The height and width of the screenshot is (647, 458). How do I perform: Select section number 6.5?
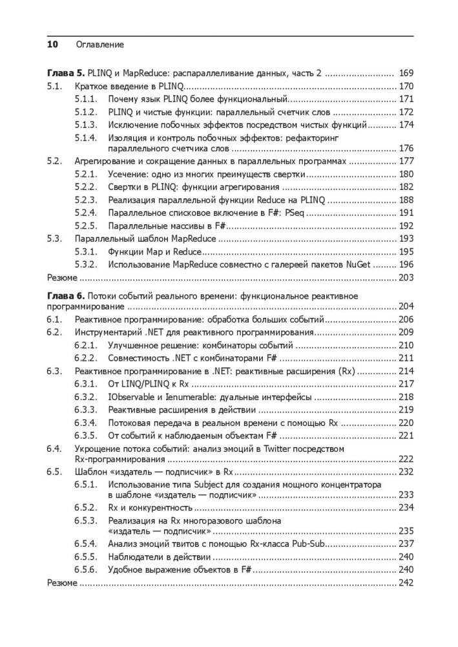click(56, 472)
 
